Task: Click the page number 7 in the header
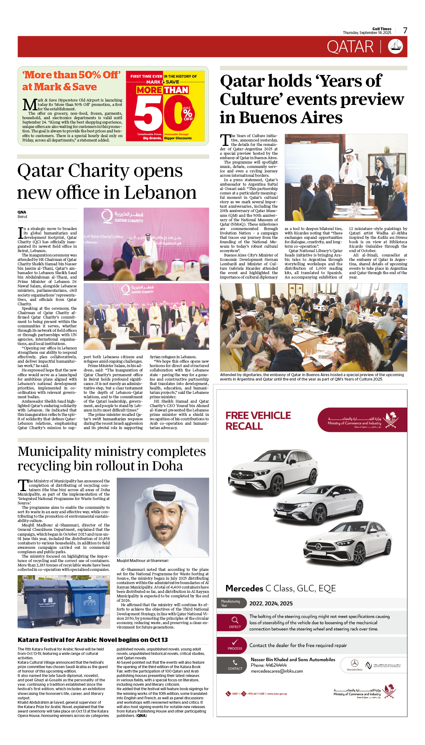405,31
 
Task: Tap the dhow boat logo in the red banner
395,47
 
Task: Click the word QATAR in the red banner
350,47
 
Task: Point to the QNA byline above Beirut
22,212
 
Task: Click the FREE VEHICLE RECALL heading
258,421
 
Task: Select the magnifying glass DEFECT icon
235,620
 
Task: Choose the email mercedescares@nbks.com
277,671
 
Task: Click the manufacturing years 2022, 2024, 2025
271,604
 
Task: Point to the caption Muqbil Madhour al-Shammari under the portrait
142,560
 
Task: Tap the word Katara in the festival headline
27,640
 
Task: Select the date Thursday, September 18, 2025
367,33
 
